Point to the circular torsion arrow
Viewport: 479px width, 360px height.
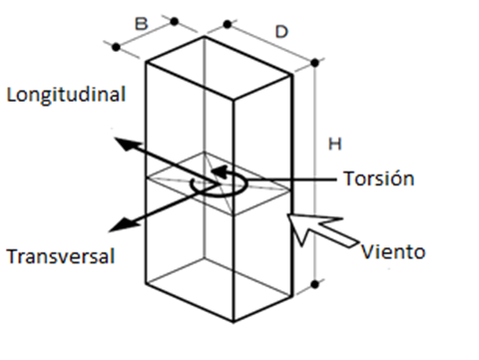tap(212, 184)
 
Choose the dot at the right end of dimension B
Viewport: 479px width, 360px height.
tap(175, 20)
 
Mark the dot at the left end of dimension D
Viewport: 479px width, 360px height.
tap(229, 21)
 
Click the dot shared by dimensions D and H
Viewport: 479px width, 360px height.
tap(314, 62)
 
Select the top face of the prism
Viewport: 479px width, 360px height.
tap(220, 66)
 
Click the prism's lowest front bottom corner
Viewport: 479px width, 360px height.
tap(234, 321)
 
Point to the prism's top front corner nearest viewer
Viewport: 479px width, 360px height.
tap(236, 99)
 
